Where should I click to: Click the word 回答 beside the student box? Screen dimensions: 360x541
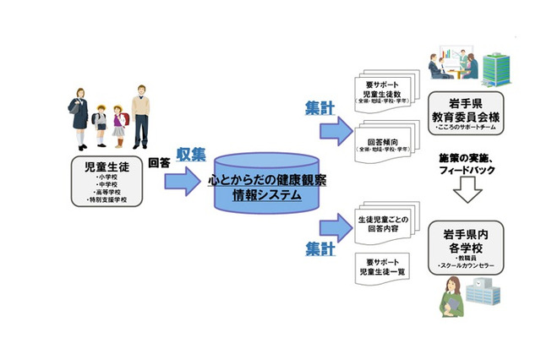tap(160, 163)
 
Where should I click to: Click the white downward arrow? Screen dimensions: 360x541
tap(467, 194)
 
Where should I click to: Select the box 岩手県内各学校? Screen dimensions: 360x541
tap(464, 246)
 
